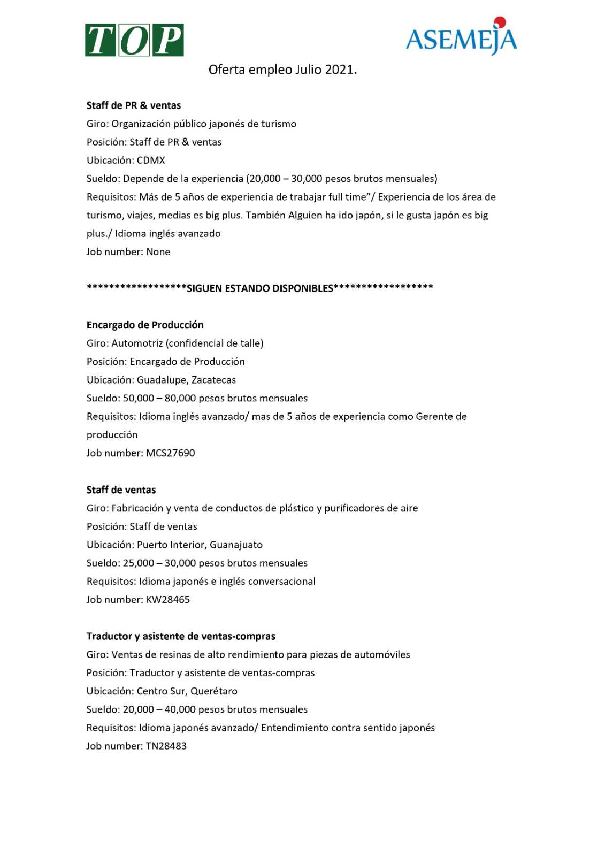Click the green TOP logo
tap(134, 40)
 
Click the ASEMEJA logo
tap(461, 39)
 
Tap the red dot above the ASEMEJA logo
tap(500, 22)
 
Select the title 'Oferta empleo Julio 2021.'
tap(282, 70)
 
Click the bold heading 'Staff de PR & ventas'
tap(134, 105)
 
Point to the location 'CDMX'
tap(151, 160)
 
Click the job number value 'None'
tap(158, 251)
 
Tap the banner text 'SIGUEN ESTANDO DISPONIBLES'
tap(260, 288)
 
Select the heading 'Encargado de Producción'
tap(145, 325)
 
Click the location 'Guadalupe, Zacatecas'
tap(186, 380)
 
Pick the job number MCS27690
tap(171, 453)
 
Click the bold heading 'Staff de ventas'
tap(121, 490)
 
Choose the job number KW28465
tap(168, 599)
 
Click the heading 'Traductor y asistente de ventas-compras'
tap(181, 636)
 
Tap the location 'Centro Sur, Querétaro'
tap(187, 691)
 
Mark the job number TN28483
tap(166, 746)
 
